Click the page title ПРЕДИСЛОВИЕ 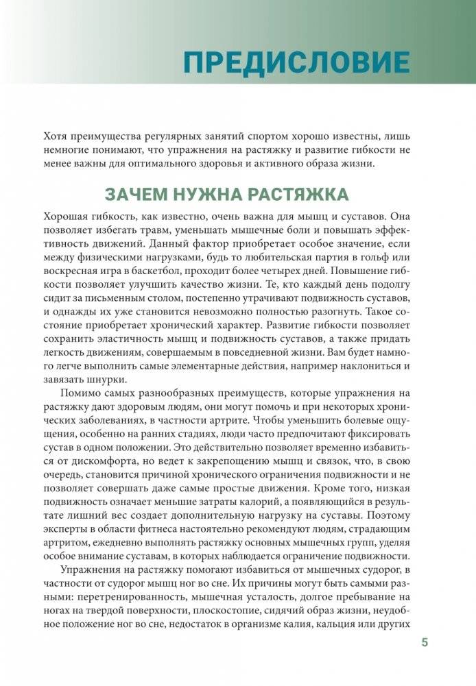296,62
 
